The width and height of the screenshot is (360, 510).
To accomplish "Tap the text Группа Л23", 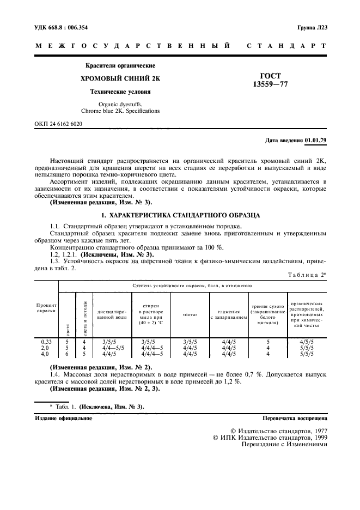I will [x=313, y=27].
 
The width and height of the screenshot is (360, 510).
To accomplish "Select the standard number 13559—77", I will [x=270, y=85].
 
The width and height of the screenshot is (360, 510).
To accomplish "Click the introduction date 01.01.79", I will [x=316, y=141].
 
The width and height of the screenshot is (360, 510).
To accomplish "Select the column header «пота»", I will [x=190, y=315].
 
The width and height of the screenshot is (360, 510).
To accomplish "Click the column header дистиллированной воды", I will [x=112, y=315].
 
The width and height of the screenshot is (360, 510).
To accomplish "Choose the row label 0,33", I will [x=46, y=342].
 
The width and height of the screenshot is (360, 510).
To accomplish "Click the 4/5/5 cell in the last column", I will [x=306, y=342].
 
